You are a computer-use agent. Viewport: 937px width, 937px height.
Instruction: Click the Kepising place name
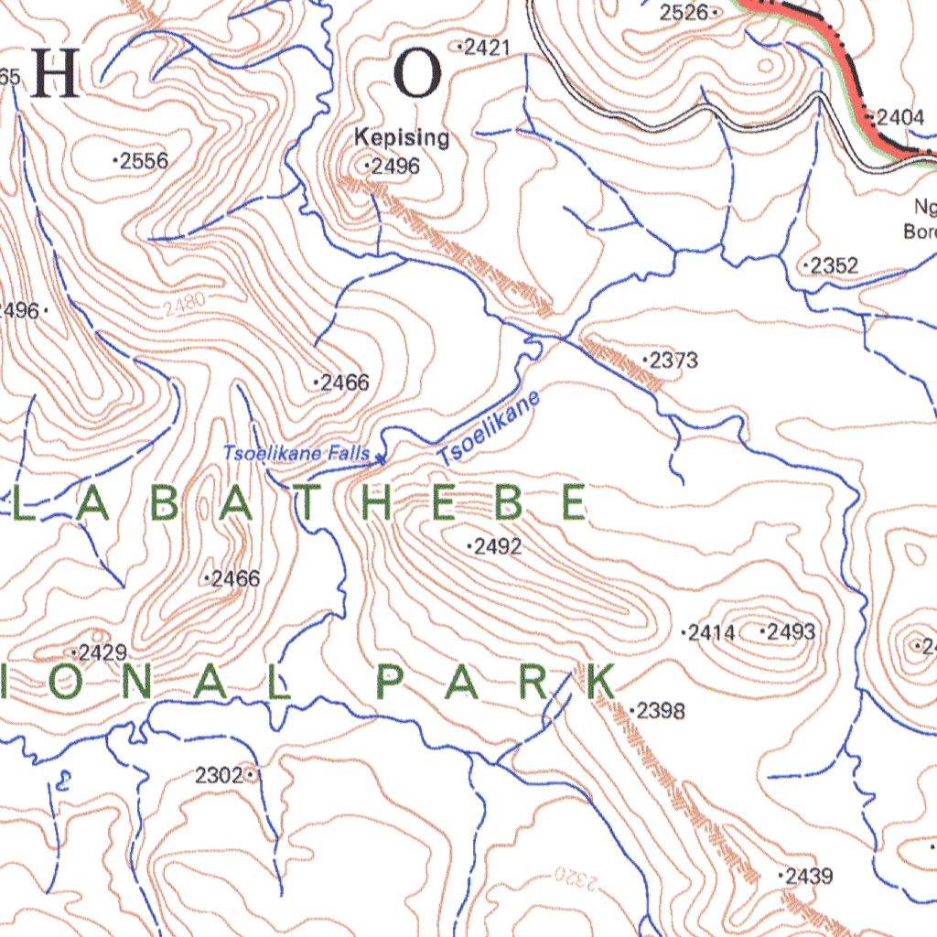tap(402, 138)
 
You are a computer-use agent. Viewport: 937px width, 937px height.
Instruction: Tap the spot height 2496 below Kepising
tap(394, 167)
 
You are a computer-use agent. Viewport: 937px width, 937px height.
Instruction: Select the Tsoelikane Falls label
tap(296, 453)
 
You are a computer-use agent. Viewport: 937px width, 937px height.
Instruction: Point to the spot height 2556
tap(143, 161)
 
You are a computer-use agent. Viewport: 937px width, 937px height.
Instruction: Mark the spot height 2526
tap(685, 12)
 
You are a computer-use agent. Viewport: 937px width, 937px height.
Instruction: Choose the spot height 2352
tap(834, 266)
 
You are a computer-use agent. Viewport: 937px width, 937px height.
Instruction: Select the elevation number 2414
tap(713, 632)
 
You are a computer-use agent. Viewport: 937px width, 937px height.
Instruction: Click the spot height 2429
tap(102, 653)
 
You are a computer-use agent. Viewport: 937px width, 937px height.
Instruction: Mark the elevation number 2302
tap(220, 776)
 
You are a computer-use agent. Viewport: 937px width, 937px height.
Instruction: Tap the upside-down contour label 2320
tap(576, 879)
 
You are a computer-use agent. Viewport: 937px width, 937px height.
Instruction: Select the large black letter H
tap(56, 75)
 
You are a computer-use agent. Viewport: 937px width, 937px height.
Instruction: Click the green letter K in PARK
tap(599, 684)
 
